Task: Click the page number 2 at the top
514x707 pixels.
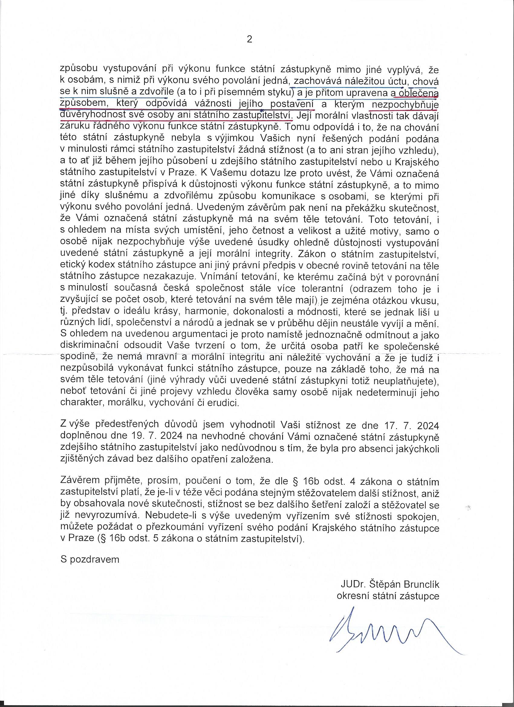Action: coord(249,40)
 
